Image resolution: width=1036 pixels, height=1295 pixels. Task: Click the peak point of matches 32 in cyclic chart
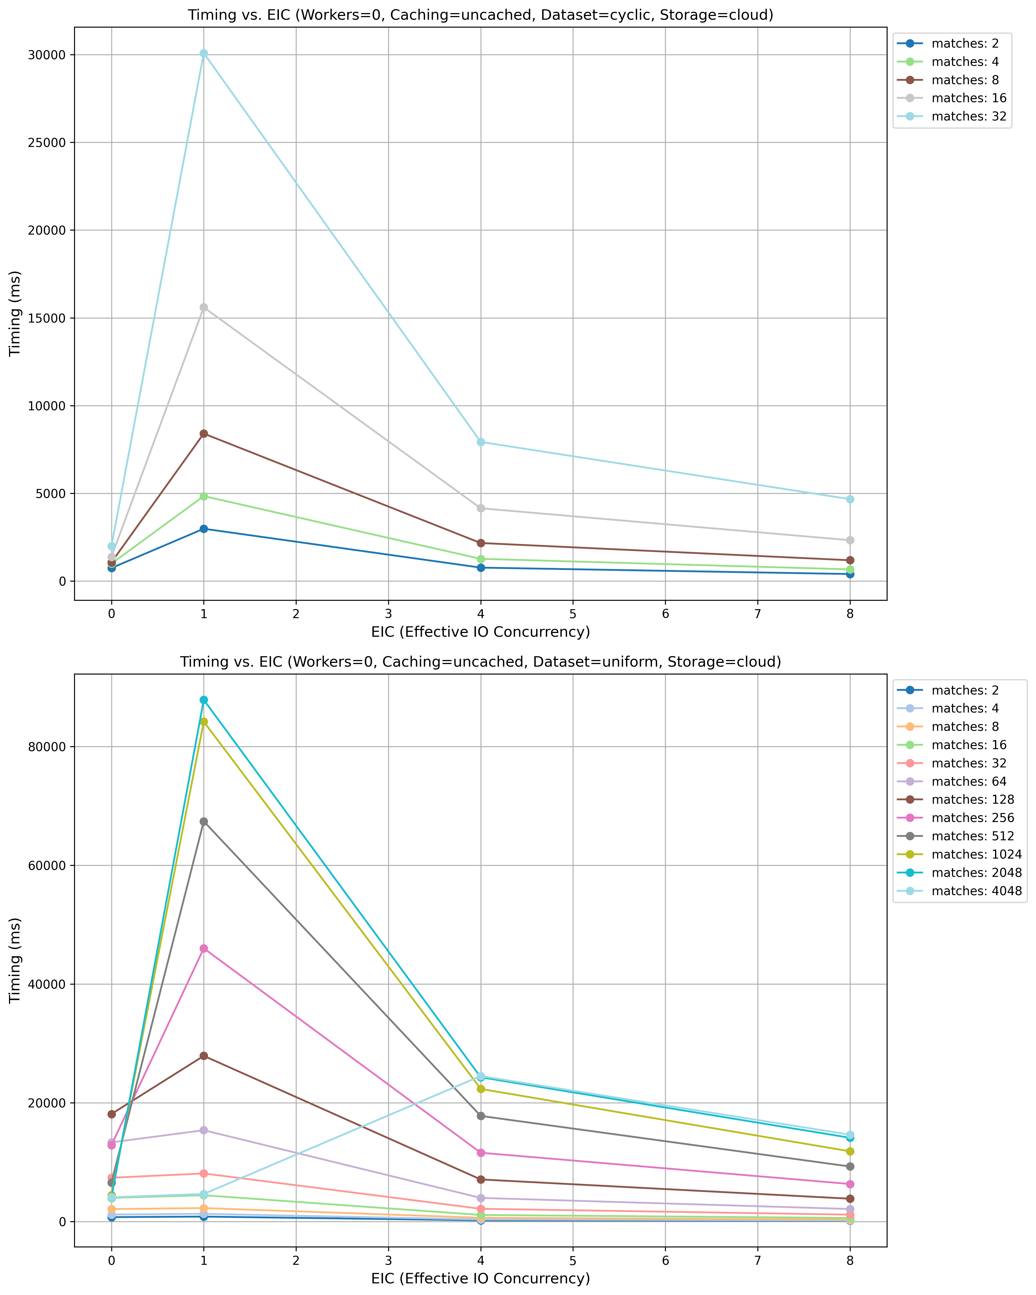click(204, 53)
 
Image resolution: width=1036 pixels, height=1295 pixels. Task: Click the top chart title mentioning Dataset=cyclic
click(480, 15)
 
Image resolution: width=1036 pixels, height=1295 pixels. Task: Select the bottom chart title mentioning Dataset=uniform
click(480, 662)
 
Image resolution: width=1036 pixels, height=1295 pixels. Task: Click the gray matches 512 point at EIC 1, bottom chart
click(204, 821)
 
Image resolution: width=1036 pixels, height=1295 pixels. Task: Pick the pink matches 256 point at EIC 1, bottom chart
click(204, 948)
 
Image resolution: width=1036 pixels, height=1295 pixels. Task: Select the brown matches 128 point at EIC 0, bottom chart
click(111, 1114)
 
